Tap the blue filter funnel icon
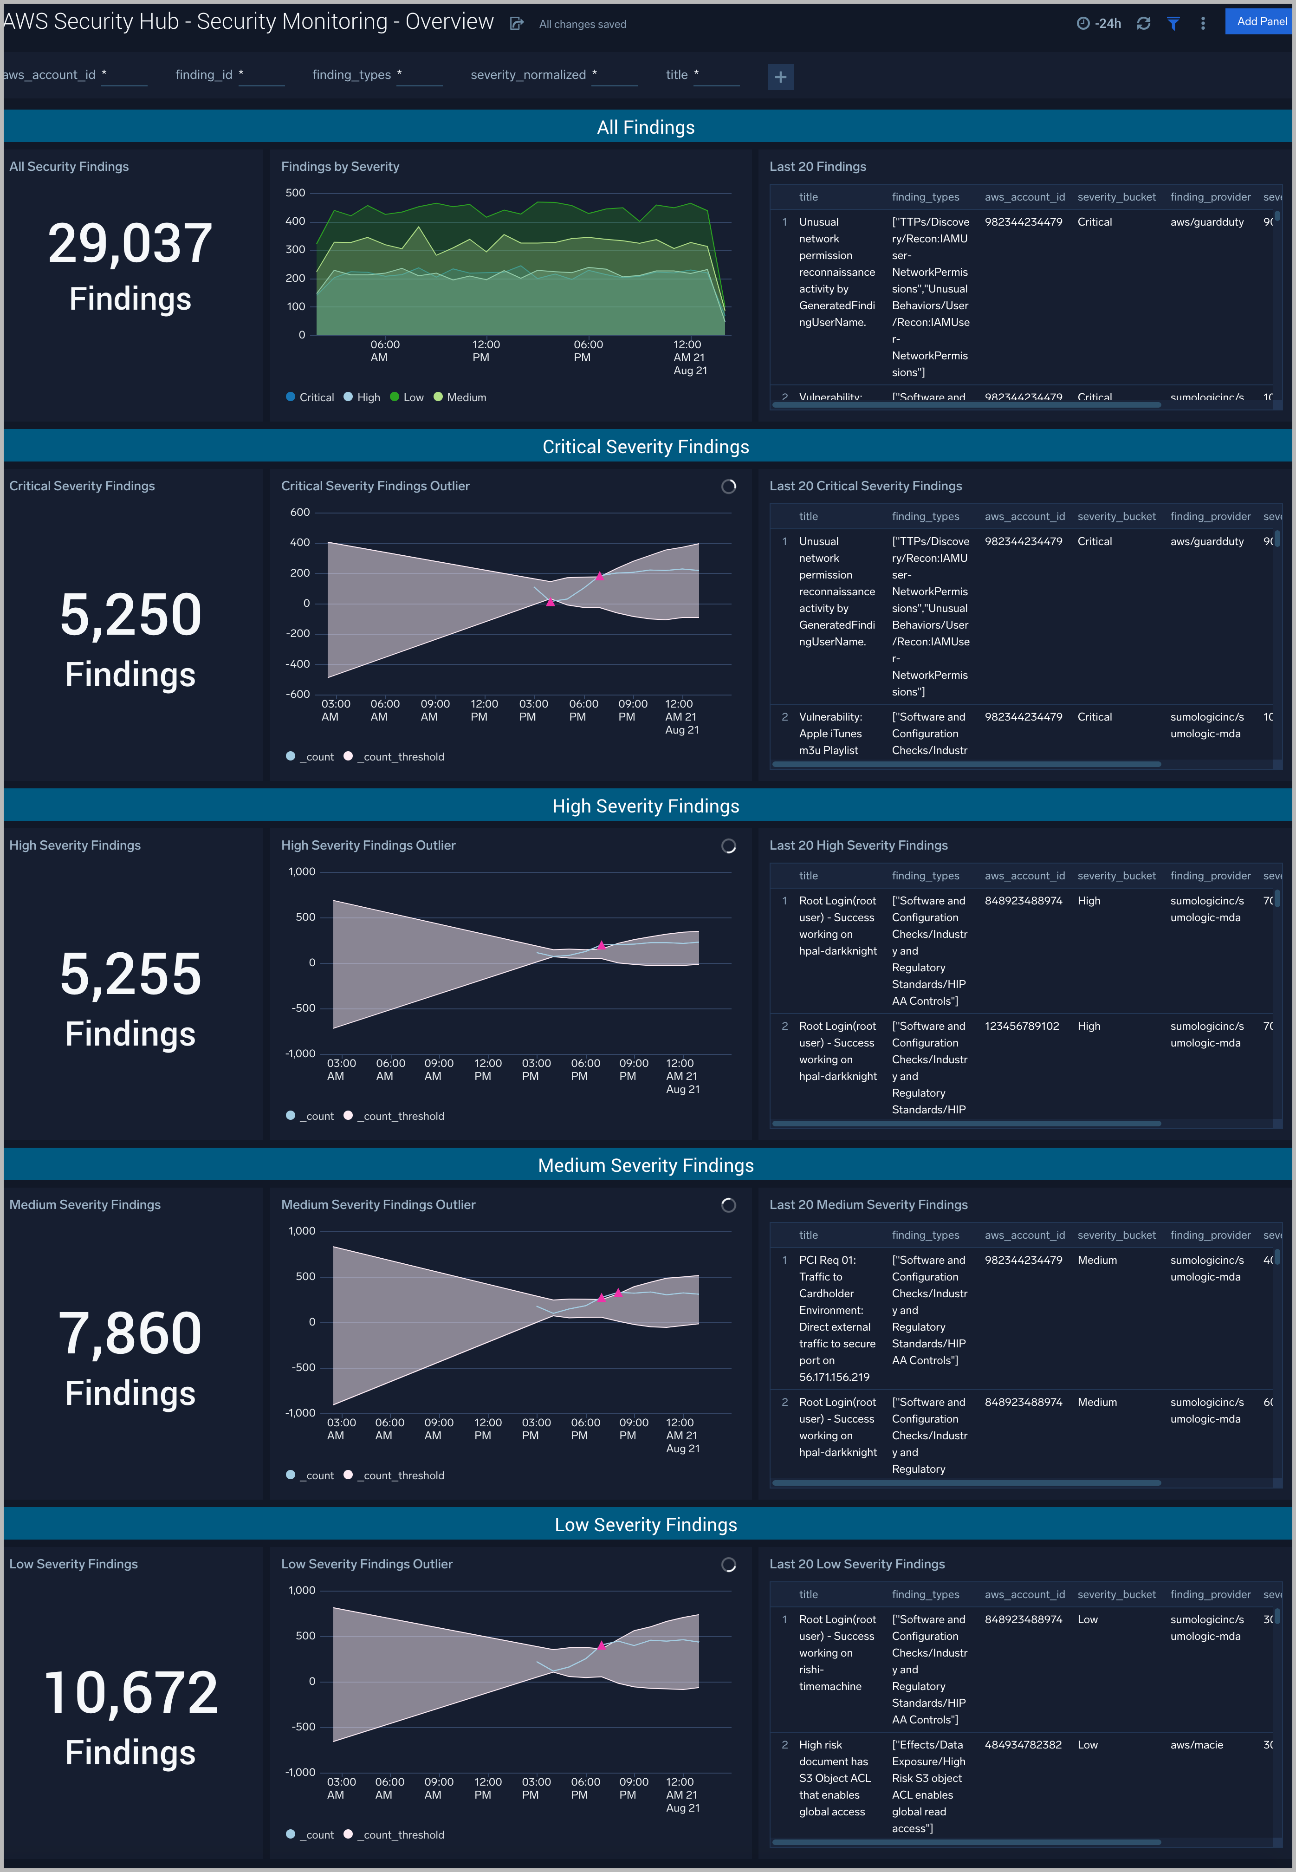[1173, 24]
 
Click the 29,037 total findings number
[130, 244]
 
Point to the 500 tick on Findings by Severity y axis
[296, 193]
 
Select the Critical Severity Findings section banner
[646, 447]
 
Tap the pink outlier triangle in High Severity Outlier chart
[601, 945]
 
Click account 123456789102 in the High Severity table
[1022, 1026]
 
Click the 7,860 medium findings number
[130, 1333]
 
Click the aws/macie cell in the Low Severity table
[1196, 1744]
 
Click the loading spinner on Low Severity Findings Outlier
[728, 1564]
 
